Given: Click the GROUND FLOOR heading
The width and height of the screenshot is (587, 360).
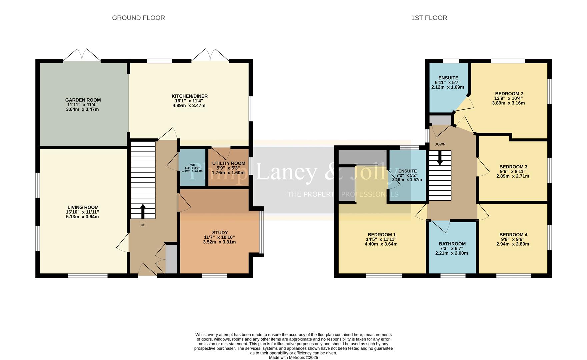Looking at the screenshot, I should pyautogui.click(x=138, y=18).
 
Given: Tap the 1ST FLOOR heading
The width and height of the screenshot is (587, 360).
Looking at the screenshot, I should pyautogui.click(x=429, y=18).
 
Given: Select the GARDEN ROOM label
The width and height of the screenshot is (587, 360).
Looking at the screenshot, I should pyautogui.click(x=83, y=100).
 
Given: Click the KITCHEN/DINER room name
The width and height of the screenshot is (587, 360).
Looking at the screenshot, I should pyautogui.click(x=189, y=96).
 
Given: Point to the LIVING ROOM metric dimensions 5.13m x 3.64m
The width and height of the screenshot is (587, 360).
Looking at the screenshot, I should pyautogui.click(x=83, y=217).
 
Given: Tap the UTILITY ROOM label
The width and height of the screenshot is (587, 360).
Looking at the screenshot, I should pyautogui.click(x=229, y=163).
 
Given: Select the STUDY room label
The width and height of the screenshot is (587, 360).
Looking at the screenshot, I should pyautogui.click(x=220, y=233).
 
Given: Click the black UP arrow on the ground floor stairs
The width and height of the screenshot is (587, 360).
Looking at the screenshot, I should pyautogui.click(x=143, y=211).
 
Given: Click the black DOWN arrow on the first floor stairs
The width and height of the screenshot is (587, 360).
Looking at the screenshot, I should pyautogui.click(x=440, y=158).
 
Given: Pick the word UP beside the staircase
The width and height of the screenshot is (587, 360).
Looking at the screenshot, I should pyautogui.click(x=143, y=225).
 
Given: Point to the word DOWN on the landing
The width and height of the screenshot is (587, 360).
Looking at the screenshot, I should pyautogui.click(x=440, y=144).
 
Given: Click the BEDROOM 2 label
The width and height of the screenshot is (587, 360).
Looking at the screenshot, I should pyautogui.click(x=509, y=94).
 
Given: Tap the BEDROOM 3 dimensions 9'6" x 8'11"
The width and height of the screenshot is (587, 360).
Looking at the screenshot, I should pyautogui.click(x=513, y=171).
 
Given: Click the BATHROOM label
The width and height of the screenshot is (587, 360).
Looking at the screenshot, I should pyautogui.click(x=452, y=244).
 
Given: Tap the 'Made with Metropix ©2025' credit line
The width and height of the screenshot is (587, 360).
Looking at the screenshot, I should pyautogui.click(x=293, y=357).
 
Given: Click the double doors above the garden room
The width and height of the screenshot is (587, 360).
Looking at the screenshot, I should pyautogui.click(x=82, y=55).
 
